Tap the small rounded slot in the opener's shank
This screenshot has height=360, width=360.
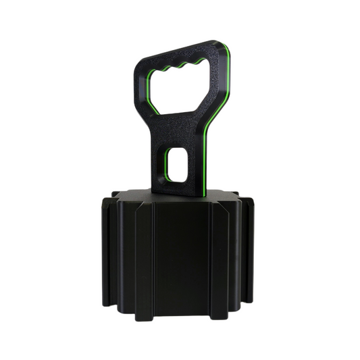176,165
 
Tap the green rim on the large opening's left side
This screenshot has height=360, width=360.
151,91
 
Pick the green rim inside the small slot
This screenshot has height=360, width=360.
166,166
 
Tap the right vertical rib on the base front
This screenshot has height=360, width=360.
217,260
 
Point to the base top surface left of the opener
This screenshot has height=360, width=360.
135,196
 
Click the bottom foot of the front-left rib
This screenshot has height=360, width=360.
145,316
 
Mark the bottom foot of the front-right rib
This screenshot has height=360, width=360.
217,316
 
